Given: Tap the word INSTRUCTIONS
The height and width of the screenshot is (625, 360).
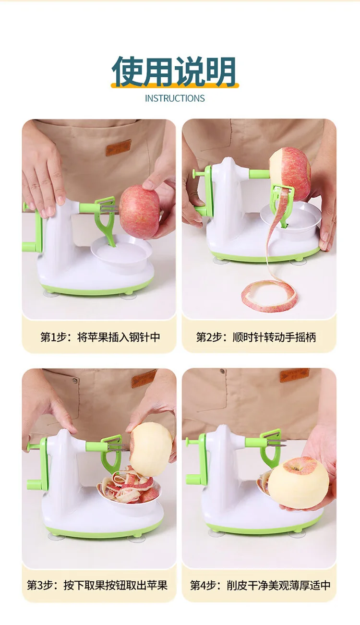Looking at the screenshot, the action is pyautogui.click(x=175, y=98).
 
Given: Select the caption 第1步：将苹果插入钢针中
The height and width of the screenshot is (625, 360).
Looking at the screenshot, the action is pyautogui.click(x=100, y=337).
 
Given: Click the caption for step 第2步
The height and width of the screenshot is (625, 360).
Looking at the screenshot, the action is pyautogui.click(x=256, y=337).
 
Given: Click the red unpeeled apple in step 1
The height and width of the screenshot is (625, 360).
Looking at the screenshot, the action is pyautogui.click(x=140, y=211).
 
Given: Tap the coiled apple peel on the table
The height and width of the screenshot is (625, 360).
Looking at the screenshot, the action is pyautogui.click(x=270, y=296).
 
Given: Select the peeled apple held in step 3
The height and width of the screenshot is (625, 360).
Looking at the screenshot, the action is pyautogui.click(x=151, y=449).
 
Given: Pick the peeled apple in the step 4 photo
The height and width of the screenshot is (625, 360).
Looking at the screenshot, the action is pyautogui.click(x=298, y=482).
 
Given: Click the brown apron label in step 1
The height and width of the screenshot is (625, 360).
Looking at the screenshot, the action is pyautogui.click(x=119, y=147).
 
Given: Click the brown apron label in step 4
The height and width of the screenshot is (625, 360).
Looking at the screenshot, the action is pyautogui.click(x=294, y=375).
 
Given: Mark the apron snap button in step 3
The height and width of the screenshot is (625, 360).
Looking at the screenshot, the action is pyautogui.click(x=74, y=381).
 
